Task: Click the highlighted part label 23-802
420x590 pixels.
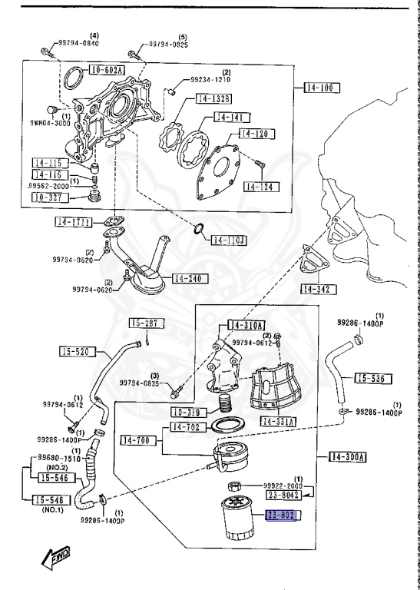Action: (283, 516)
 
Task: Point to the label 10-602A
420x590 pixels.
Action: (108, 69)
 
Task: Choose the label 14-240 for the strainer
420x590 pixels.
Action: (187, 278)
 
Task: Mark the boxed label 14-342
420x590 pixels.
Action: (319, 290)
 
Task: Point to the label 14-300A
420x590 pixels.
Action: (348, 457)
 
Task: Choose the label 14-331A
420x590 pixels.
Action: (280, 421)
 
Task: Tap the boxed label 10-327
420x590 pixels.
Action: (51, 197)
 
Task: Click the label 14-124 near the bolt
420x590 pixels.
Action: (262, 187)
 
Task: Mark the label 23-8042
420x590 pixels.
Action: (283, 497)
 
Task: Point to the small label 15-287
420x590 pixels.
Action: (142, 323)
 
